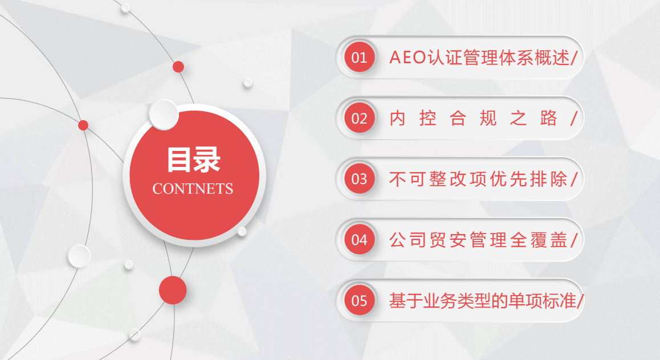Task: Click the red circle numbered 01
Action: click(x=359, y=57)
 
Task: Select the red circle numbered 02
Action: click(x=359, y=118)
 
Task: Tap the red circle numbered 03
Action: click(x=359, y=179)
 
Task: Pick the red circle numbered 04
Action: click(x=359, y=240)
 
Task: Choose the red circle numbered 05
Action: click(x=359, y=300)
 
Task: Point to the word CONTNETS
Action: click(x=193, y=189)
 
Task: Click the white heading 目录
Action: click(x=194, y=160)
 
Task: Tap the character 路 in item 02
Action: click(x=548, y=118)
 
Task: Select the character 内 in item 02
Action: click(x=397, y=118)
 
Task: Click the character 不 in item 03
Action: click(x=397, y=179)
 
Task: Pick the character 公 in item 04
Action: click(x=397, y=240)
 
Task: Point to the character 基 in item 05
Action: click(x=397, y=301)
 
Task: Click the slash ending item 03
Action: click(x=574, y=179)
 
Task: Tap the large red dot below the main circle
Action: click(x=173, y=290)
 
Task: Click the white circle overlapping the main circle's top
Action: click(x=164, y=114)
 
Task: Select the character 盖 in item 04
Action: click(x=559, y=240)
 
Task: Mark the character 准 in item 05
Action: click(x=568, y=301)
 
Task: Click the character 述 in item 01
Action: click(x=561, y=58)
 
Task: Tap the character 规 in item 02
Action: click(x=488, y=118)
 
